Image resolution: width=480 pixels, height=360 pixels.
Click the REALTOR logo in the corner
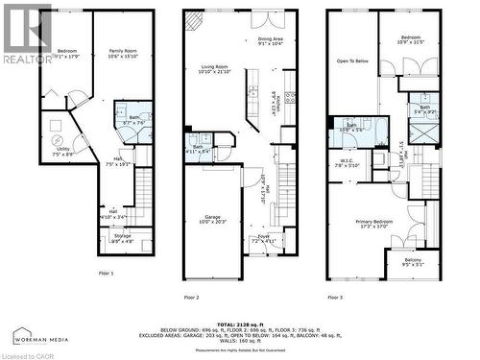pyautogui.click(x=26, y=34)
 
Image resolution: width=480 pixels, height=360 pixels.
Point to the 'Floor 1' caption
pyautogui.click(x=106, y=274)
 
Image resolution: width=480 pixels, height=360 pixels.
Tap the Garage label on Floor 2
pyautogui.click(x=214, y=219)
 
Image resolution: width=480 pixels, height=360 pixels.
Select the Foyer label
pyautogui.click(x=262, y=238)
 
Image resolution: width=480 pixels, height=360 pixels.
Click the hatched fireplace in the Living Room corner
pyautogui.click(x=194, y=17)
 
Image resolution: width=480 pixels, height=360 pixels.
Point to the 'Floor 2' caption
pyautogui.click(x=190, y=298)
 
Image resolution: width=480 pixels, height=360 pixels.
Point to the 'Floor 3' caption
pyautogui.click(x=335, y=298)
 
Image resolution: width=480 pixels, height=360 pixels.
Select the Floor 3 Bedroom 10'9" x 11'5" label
pyautogui.click(x=411, y=40)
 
